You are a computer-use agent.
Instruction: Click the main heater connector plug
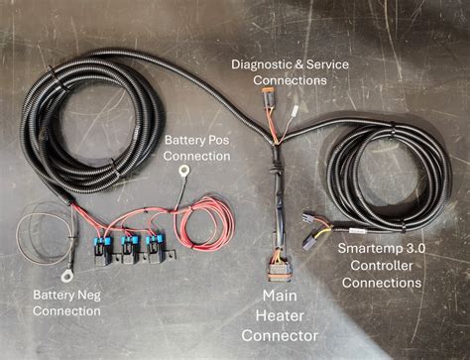click(x=277, y=269)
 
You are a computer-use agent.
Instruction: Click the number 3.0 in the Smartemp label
click(x=411, y=247)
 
